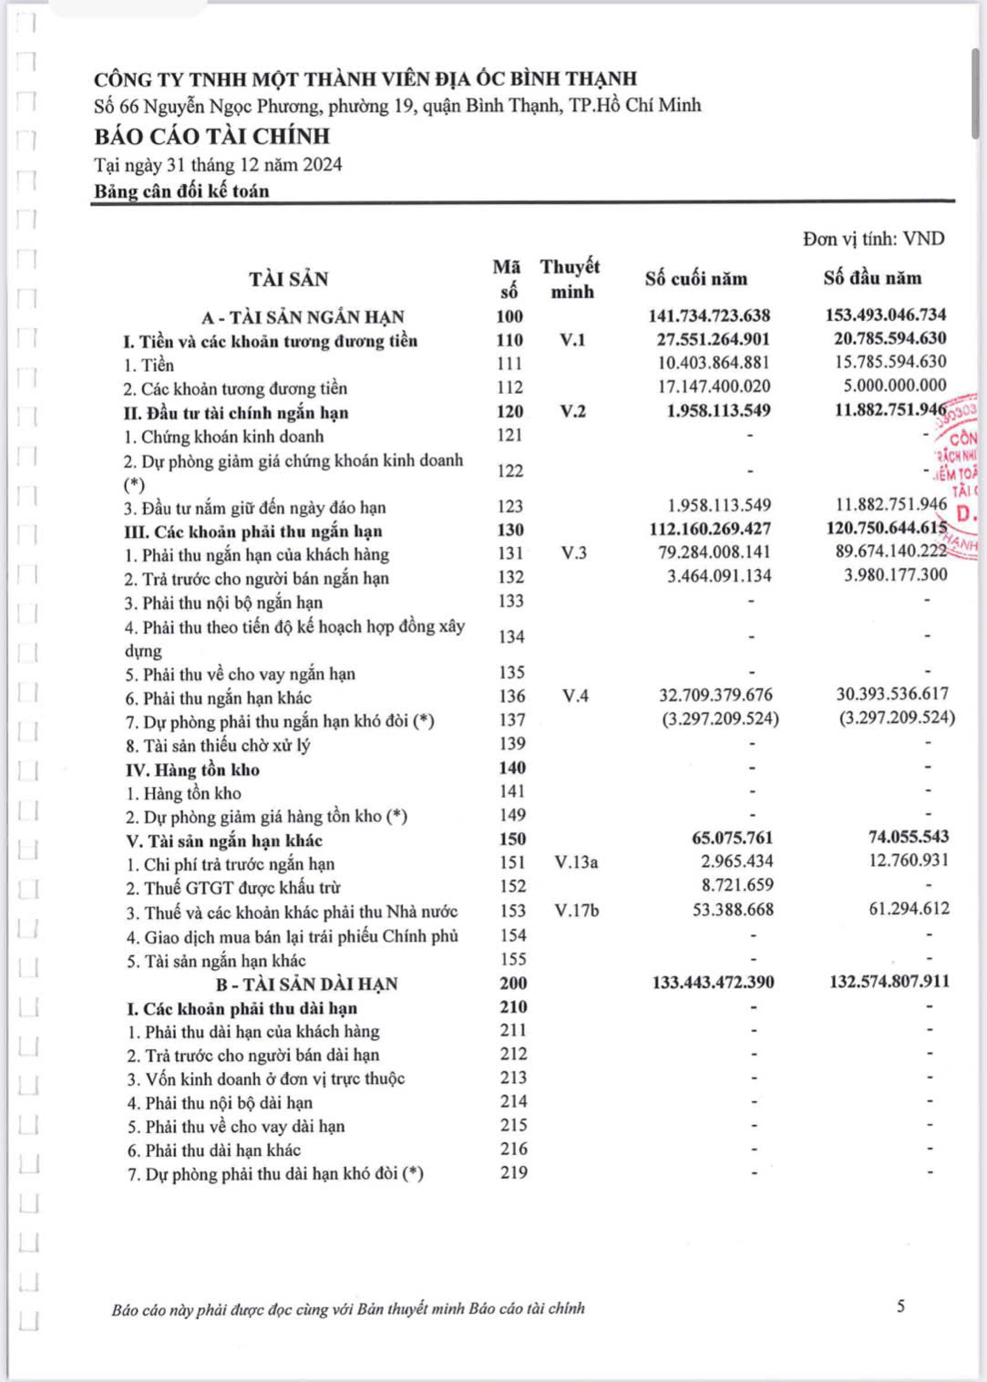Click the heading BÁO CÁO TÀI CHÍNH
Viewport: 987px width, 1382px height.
point(211,137)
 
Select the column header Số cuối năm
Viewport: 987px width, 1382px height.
point(695,279)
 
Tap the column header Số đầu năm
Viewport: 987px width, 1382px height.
point(872,278)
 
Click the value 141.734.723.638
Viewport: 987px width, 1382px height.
point(709,315)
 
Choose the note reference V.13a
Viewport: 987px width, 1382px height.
point(576,862)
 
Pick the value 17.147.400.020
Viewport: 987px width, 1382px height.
point(714,387)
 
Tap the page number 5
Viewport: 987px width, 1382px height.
point(900,1306)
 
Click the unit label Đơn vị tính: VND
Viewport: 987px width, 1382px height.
point(873,239)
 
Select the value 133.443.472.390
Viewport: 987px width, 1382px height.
point(713,983)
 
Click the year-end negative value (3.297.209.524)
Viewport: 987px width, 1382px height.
point(720,719)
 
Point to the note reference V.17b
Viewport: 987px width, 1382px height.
point(577,911)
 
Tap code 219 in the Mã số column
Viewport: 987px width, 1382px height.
point(513,1173)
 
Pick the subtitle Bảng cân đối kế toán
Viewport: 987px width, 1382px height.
point(181,191)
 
